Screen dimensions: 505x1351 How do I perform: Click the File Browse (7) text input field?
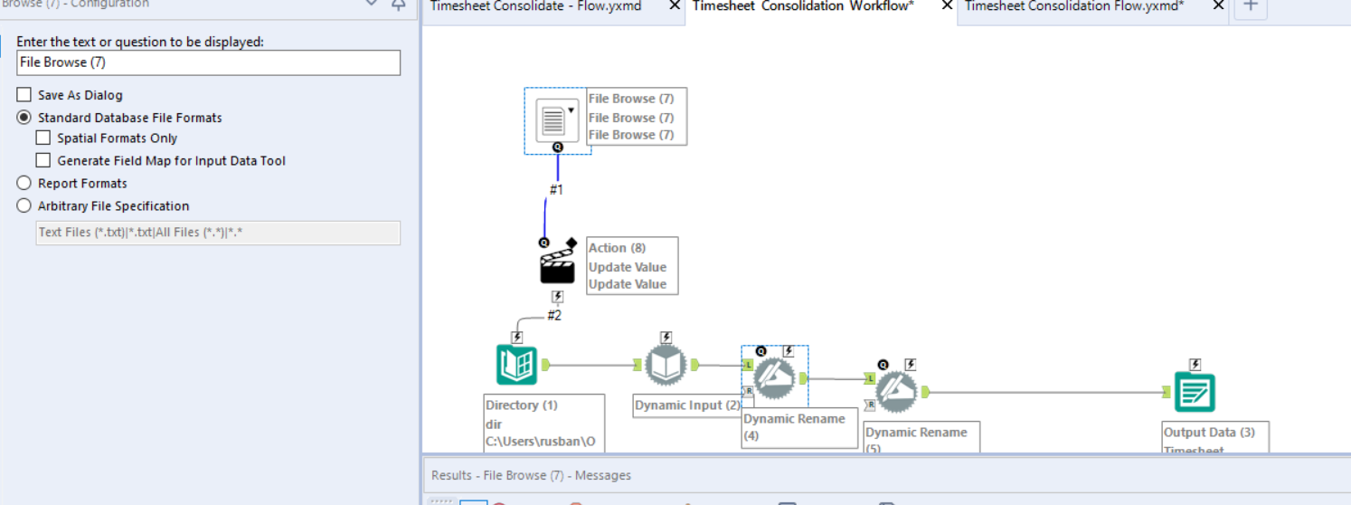(x=208, y=62)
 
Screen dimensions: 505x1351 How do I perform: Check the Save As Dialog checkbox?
(x=24, y=95)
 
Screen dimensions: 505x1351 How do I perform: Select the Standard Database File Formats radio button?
(x=24, y=118)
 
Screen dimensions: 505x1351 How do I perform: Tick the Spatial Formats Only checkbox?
(x=43, y=138)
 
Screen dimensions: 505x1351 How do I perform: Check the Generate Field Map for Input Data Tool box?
(x=43, y=160)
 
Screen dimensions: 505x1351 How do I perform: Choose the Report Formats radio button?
(x=24, y=183)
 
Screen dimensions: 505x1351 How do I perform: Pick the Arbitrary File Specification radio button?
(x=24, y=205)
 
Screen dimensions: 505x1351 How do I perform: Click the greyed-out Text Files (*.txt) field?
(x=217, y=233)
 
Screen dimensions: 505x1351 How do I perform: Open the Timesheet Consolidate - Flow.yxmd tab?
(x=537, y=6)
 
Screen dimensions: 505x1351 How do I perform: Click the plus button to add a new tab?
(x=1251, y=5)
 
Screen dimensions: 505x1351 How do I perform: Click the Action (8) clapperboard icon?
(x=557, y=265)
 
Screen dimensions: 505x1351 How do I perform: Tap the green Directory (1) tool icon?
(x=516, y=366)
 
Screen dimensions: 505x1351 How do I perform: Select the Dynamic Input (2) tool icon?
(x=666, y=365)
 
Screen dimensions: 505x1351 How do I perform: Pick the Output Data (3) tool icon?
(x=1194, y=391)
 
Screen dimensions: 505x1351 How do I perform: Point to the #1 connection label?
(x=556, y=190)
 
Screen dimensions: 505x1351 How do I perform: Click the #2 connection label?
(x=554, y=315)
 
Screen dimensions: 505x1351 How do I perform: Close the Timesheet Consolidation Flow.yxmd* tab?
(x=1218, y=6)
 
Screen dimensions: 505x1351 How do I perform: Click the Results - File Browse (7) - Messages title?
(x=531, y=475)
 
